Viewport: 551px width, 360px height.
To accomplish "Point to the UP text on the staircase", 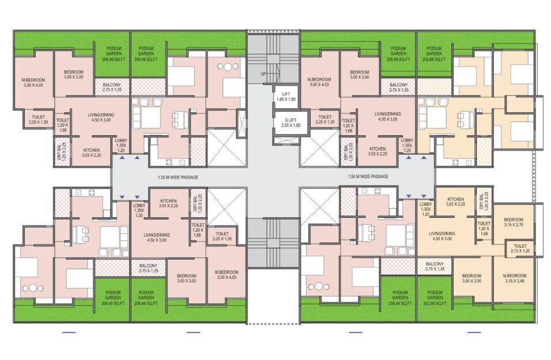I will pyautogui.click(x=263, y=74).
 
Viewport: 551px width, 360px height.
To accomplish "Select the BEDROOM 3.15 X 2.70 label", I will pyautogui.click(x=513, y=223).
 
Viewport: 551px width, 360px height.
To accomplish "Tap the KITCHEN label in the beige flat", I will pyautogui.click(x=455, y=201).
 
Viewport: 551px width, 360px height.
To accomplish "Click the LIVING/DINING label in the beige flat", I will pyautogui.click(x=443, y=236).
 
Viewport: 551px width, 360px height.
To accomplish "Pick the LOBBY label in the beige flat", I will pyautogui.click(x=425, y=209).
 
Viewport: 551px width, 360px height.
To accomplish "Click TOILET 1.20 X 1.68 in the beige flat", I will pyautogui.click(x=484, y=228).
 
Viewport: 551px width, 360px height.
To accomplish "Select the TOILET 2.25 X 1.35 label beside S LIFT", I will pyautogui.click(x=325, y=119).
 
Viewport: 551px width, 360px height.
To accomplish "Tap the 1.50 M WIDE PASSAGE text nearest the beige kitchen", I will pyautogui.click(x=368, y=176).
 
